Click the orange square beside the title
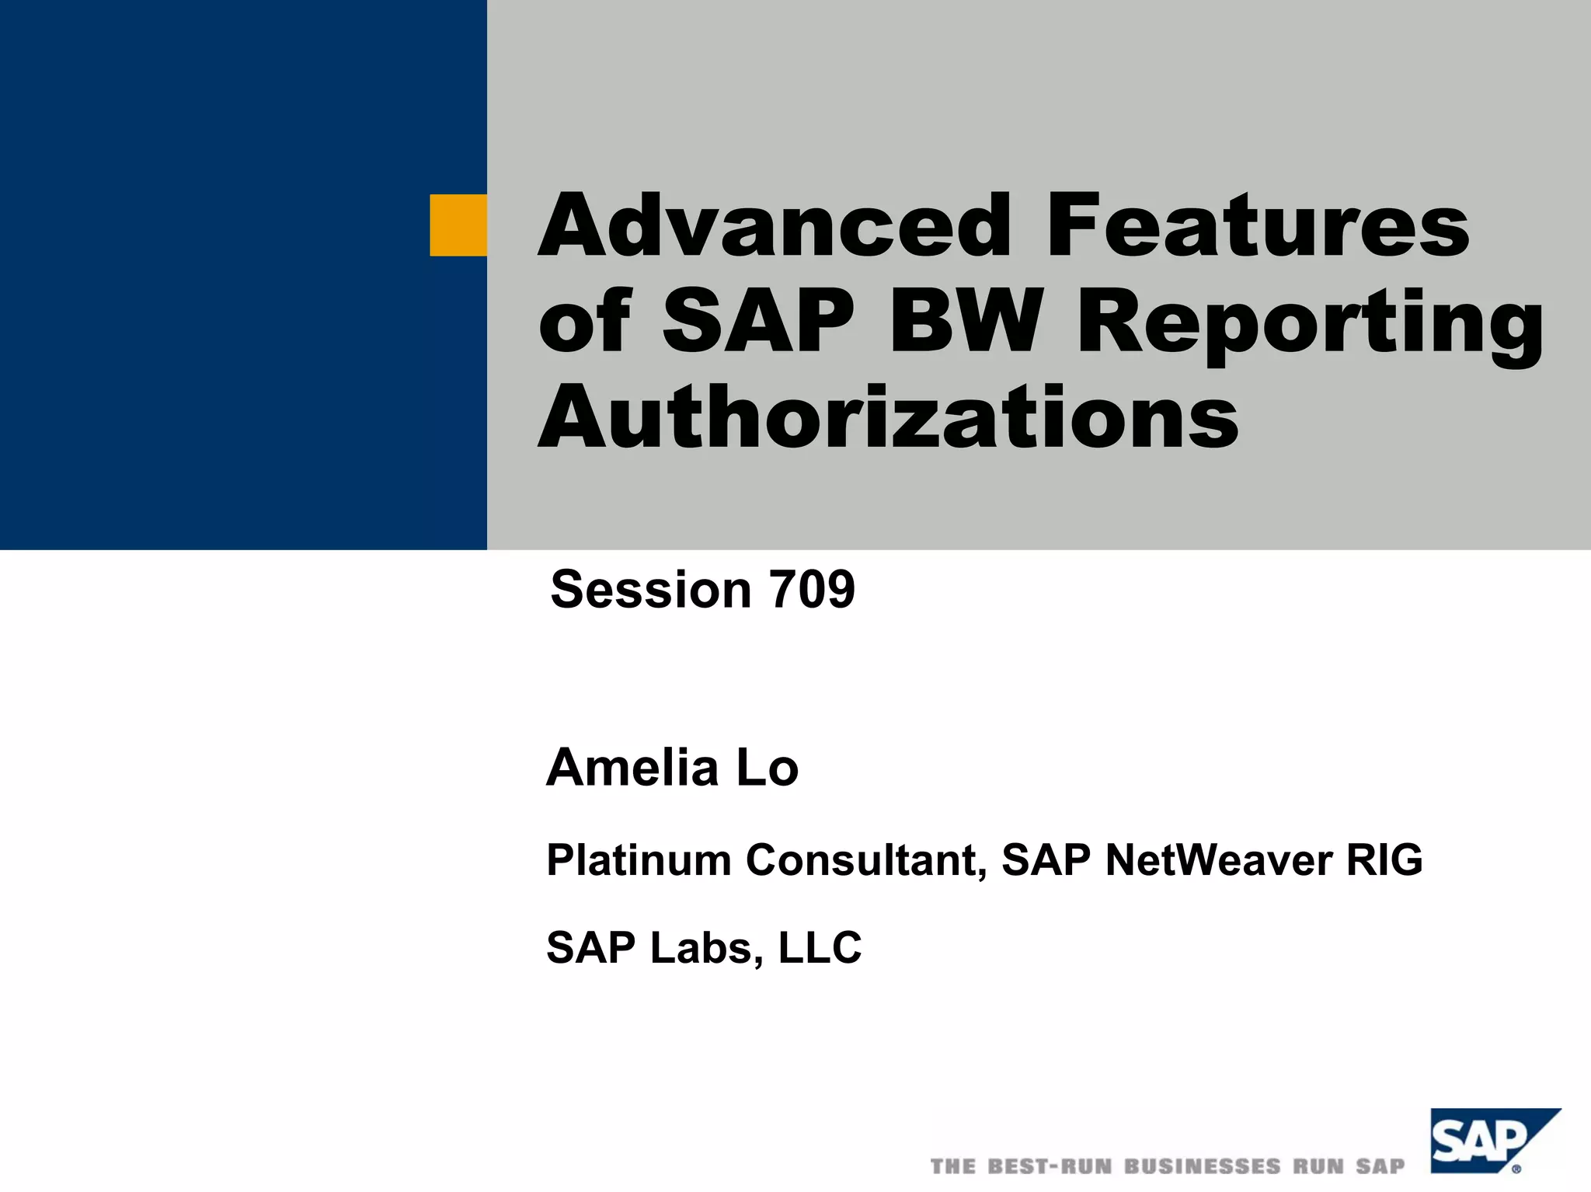coord(458,225)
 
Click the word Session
coord(651,589)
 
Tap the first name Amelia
coord(632,768)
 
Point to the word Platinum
coord(639,860)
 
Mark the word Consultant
coord(866,860)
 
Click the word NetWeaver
coord(1219,860)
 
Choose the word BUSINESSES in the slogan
coord(1203,1166)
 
